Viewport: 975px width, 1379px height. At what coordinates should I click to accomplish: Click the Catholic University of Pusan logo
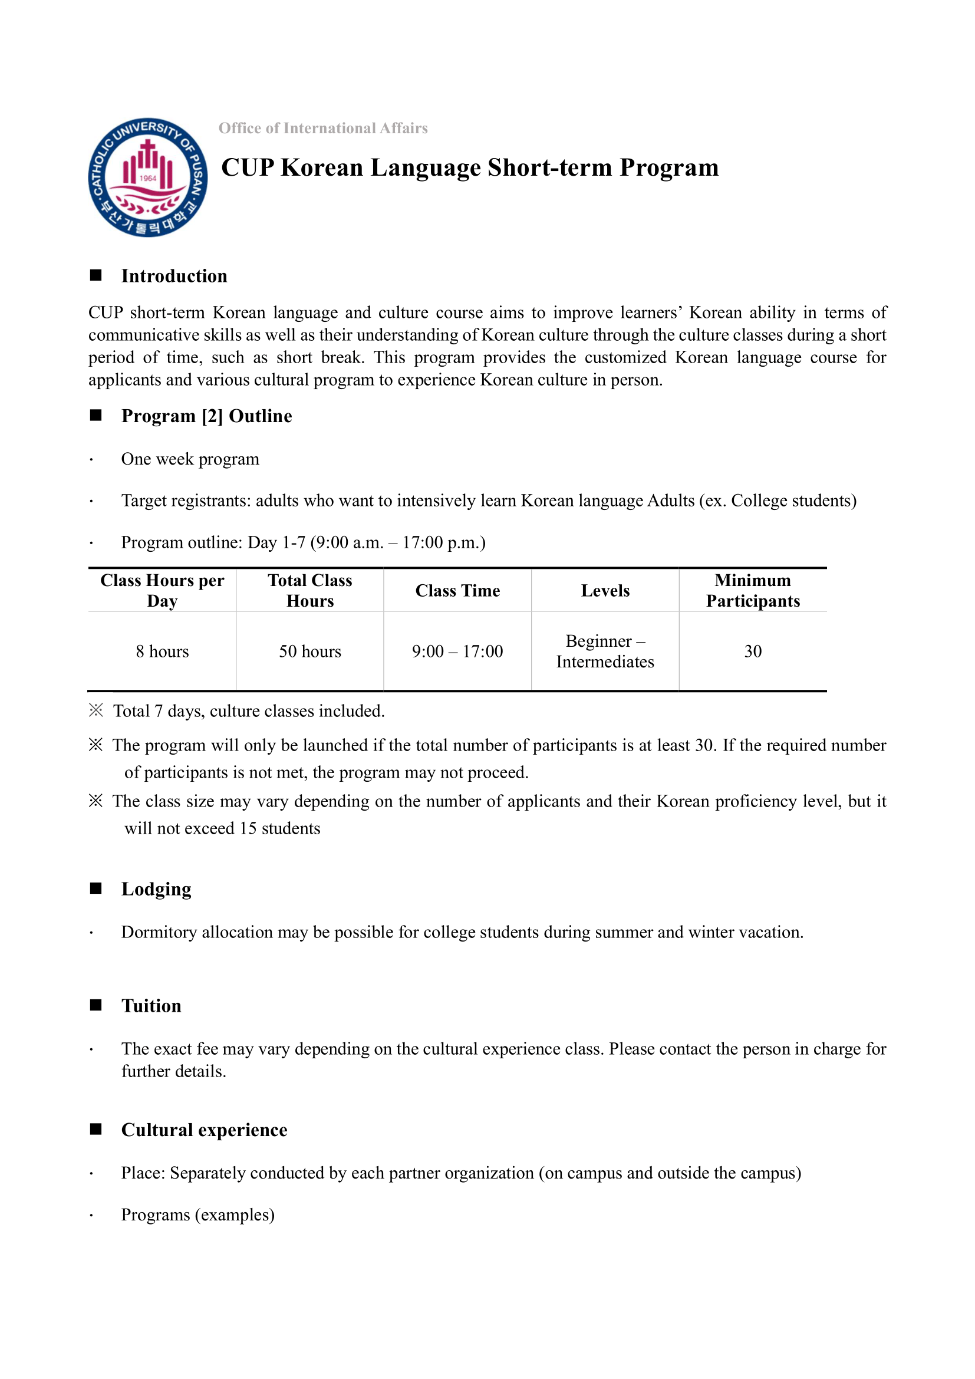coord(148,177)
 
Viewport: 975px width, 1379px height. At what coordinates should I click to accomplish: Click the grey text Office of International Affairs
coord(323,128)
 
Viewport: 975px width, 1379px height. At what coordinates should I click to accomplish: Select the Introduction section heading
coord(174,276)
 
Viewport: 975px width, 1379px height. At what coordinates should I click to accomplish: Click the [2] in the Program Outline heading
coord(212,416)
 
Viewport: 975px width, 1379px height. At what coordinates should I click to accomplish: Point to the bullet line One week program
coord(190,459)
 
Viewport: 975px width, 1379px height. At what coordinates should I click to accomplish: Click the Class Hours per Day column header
coord(162,590)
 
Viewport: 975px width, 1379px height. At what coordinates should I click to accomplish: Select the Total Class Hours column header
coord(310,590)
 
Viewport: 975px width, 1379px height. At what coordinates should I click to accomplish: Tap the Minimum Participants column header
coord(753,590)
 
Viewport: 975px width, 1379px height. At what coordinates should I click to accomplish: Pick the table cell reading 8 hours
coord(162,651)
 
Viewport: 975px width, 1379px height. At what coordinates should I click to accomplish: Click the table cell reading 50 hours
coord(310,651)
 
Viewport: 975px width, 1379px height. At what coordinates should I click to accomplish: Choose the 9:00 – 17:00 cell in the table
coord(457,651)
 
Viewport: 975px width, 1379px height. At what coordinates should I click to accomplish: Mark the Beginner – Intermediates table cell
coord(605,651)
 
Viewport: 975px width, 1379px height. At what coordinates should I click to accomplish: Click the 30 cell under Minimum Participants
coord(753,651)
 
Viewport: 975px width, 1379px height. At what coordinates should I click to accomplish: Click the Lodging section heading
coord(156,889)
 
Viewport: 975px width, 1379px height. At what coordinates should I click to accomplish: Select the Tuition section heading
coord(151,1005)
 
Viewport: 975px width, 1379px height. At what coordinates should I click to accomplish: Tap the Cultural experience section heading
coord(204,1130)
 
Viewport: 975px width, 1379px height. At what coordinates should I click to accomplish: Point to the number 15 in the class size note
coord(248,828)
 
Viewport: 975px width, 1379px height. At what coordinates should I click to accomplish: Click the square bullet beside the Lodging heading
coord(96,888)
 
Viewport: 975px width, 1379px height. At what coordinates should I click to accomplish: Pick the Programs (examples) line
coord(197,1215)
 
